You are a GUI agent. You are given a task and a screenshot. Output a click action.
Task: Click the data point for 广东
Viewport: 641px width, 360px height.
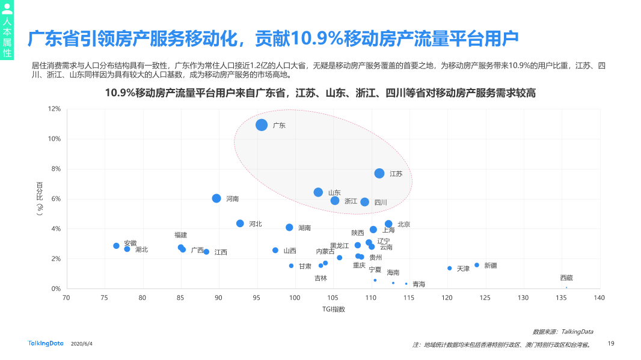tap(262, 125)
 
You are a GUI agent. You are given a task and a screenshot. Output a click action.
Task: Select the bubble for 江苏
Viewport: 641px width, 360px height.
tap(379, 173)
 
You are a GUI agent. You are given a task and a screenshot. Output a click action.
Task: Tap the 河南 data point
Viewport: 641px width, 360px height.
tap(216, 198)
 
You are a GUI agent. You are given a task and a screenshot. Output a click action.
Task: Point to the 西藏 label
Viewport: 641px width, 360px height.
tap(566, 278)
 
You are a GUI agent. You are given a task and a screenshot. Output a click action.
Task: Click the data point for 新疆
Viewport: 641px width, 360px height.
tap(477, 265)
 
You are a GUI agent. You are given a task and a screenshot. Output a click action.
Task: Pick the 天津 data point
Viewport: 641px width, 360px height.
tap(449, 268)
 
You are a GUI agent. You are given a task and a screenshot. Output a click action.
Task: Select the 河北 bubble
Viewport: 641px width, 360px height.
tap(240, 224)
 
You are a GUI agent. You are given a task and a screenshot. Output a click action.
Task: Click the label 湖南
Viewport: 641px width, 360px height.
tap(305, 228)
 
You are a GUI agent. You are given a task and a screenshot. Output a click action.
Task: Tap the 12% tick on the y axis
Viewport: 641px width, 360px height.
tap(54, 109)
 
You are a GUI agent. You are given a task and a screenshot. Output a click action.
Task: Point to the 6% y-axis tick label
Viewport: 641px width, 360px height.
tap(56, 199)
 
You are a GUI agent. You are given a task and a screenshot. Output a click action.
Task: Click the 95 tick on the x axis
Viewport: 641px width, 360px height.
tap(256, 297)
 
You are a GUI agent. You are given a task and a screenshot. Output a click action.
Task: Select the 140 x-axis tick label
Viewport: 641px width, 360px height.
tap(599, 297)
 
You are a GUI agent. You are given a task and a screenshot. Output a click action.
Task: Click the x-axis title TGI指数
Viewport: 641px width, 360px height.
tap(333, 309)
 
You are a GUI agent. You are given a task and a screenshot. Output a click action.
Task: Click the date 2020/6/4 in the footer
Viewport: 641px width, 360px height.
tap(82, 344)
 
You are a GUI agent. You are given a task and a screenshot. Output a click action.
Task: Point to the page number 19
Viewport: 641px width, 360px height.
tap(611, 343)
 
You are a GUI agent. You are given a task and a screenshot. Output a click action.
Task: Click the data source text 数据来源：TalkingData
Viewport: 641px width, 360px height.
tap(563, 331)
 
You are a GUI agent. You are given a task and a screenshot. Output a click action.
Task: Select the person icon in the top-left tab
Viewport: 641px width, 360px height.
tap(7, 9)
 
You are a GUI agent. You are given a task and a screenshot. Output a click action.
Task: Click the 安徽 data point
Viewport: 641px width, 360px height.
tap(116, 246)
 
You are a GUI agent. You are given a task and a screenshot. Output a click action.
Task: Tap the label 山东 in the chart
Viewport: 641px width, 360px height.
tap(334, 192)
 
